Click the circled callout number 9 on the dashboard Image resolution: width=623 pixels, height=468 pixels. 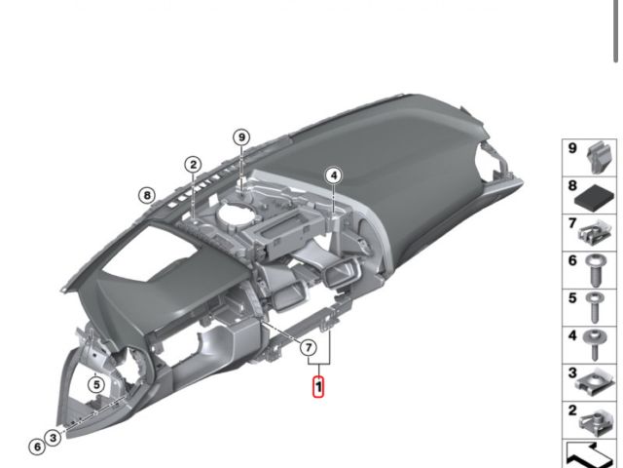[241, 137]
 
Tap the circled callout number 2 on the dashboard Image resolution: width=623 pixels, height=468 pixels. [194, 164]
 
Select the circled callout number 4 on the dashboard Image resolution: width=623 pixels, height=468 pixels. [334, 175]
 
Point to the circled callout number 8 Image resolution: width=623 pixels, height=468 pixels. [146, 195]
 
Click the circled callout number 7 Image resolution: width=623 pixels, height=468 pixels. [308, 347]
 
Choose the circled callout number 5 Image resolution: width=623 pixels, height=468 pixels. [95, 384]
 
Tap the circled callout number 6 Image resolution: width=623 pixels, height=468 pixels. [36, 447]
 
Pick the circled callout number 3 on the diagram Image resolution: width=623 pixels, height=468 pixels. [53, 438]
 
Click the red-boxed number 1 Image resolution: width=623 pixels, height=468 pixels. [317, 388]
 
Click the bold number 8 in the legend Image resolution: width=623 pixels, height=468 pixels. [572, 184]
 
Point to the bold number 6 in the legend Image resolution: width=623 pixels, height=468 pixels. [572, 261]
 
